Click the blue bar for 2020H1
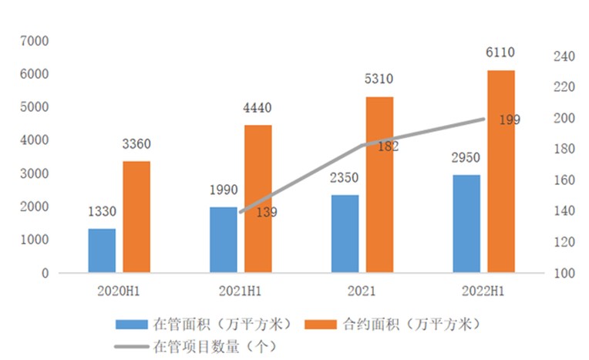(x=102, y=251)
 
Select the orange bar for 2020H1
(x=136, y=217)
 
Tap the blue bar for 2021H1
(x=224, y=240)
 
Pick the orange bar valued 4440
(x=258, y=199)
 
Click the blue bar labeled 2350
(x=345, y=234)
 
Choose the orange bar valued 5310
(x=379, y=184)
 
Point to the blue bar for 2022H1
(x=466, y=224)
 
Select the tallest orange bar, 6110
(x=501, y=171)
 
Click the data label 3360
(x=136, y=144)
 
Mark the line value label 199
(x=510, y=119)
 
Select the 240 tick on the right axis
(x=565, y=56)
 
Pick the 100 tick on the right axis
(x=565, y=274)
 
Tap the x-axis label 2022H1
(x=483, y=291)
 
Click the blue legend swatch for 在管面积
(x=132, y=323)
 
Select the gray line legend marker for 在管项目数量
(x=132, y=346)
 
